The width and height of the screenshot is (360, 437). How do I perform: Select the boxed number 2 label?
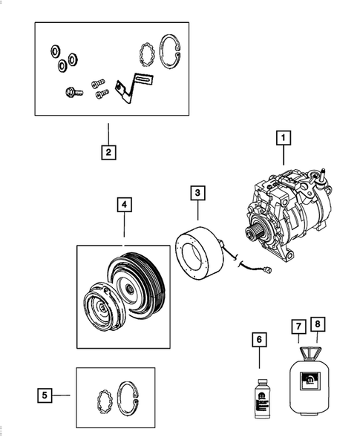pos(108,154)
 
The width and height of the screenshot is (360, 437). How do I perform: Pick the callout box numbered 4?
pos(123,203)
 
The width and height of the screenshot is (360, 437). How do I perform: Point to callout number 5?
pos(46,395)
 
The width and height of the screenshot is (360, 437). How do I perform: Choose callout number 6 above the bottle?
pos(259,340)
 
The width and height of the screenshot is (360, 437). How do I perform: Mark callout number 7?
pos(297,326)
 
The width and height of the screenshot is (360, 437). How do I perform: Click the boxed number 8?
pos(318,326)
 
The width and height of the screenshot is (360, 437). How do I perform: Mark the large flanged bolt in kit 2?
pos(73,93)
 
